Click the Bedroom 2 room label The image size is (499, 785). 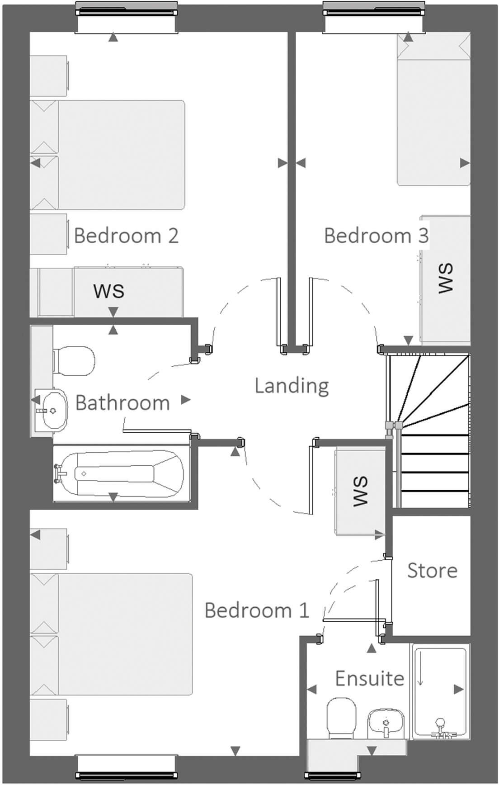point(126,236)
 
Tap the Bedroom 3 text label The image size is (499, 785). point(376,236)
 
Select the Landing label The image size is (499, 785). point(292,386)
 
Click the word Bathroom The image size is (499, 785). point(122,402)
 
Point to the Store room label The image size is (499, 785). point(432,571)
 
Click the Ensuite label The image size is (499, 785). point(369,678)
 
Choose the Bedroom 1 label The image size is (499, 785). point(256,610)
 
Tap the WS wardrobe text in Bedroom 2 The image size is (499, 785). point(109,291)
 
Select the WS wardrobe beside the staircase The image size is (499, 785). point(360,492)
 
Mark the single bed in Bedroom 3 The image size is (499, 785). point(433,118)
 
